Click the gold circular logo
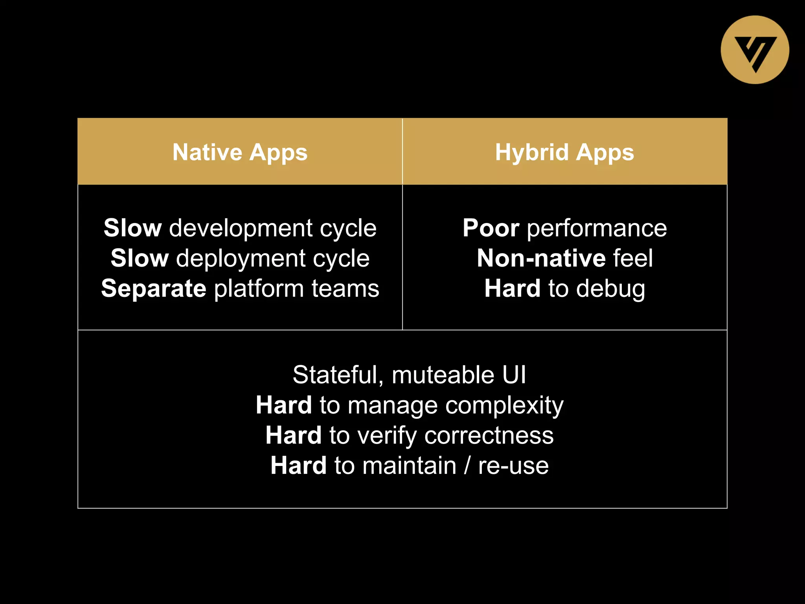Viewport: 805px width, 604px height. point(755,50)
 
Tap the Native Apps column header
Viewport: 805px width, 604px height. point(240,152)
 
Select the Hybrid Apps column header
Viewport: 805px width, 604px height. point(564,152)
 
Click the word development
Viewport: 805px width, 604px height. point(240,228)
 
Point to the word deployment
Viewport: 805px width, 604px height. point(240,259)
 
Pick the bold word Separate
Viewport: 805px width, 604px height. point(154,288)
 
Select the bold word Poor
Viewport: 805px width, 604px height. point(491,228)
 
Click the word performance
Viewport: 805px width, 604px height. point(597,229)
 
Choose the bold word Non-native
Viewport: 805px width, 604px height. point(541,258)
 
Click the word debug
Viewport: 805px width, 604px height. point(611,289)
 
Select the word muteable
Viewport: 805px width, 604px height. point(443,375)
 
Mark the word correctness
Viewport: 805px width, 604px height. point(489,436)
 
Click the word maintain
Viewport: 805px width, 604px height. point(409,466)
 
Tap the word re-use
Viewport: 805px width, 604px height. point(513,466)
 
